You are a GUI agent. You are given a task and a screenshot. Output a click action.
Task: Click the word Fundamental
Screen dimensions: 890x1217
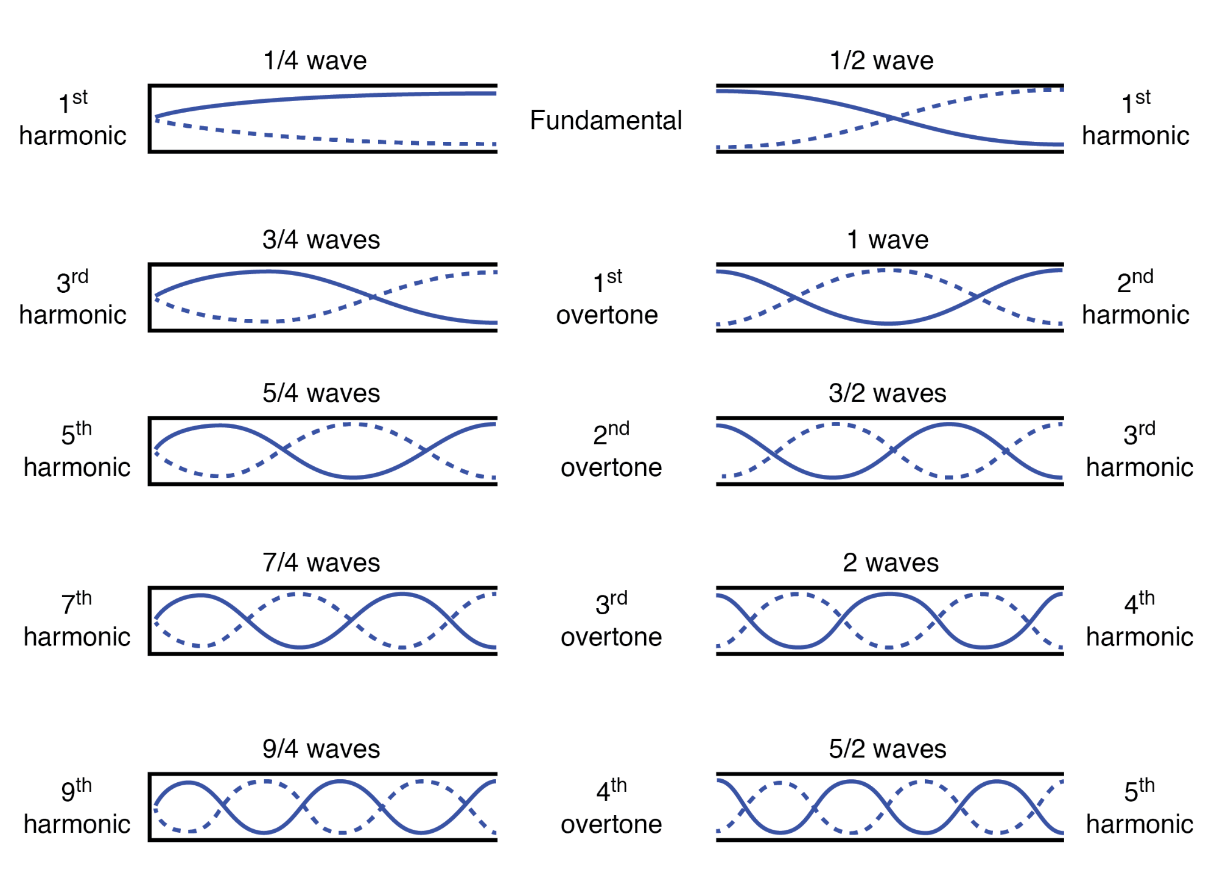coord(605,121)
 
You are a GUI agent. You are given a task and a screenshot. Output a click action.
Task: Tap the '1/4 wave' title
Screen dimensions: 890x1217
coord(315,61)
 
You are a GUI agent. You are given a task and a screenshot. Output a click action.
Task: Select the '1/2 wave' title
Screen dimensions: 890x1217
coord(881,61)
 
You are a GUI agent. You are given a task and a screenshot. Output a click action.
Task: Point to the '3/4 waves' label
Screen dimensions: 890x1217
coord(321,240)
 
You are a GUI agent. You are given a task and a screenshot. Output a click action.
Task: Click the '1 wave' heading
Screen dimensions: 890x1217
coord(887,240)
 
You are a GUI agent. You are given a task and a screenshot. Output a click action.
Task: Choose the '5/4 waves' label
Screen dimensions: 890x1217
coord(321,393)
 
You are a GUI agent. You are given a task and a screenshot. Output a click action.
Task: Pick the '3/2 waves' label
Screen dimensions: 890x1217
coord(887,393)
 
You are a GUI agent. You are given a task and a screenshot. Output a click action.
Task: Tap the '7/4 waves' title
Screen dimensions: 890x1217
coord(321,562)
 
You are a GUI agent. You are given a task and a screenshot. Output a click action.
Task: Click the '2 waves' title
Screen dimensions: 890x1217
coord(890,562)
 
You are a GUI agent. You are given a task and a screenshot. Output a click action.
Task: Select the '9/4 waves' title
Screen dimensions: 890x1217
coord(321,749)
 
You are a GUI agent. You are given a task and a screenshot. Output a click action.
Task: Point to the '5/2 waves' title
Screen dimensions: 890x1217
coord(887,749)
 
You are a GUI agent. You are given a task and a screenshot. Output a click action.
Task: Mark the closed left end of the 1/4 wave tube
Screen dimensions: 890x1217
coord(150,119)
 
